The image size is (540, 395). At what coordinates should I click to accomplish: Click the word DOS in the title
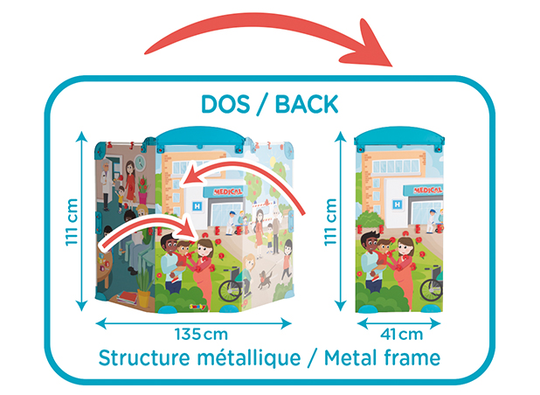tap(225, 104)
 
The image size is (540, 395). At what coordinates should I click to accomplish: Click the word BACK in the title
tap(307, 104)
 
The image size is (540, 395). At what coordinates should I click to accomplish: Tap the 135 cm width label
tap(201, 334)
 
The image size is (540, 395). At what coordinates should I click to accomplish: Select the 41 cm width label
tap(401, 334)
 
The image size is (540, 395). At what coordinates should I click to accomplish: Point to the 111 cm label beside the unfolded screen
tap(72, 222)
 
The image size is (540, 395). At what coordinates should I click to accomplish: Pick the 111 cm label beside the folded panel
tap(330, 222)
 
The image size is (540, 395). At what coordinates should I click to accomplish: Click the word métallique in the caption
tap(249, 357)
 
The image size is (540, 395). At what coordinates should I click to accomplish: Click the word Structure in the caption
tap(144, 357)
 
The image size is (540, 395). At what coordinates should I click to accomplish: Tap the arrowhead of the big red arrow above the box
tap(372, 46)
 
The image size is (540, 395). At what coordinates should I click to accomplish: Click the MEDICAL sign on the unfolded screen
tap(228, 191)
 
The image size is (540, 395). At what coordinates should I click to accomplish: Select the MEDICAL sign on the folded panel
tap(427, 191)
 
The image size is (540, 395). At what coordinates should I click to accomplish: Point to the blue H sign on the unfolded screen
tap(197, 206)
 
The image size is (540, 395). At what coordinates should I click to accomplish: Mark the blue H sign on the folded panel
tap(397, 204)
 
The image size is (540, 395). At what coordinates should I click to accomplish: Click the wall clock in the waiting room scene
tap(140, 163)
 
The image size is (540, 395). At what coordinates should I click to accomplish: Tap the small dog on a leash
tap(265, 279)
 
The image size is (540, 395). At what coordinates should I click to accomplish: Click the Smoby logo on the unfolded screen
tap(197, 306)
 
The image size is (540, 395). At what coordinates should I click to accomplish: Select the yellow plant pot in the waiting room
tap(144, 298)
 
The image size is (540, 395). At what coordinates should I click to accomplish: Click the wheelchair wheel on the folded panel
tap(431, 289)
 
